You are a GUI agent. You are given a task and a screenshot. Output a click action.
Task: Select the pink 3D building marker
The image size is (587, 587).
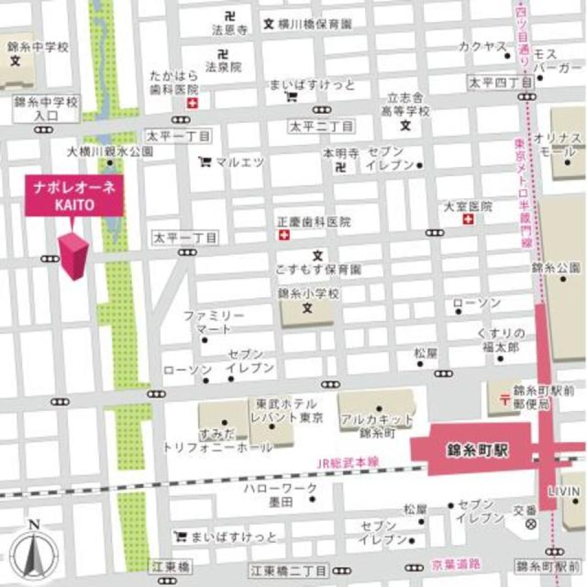(74, 256)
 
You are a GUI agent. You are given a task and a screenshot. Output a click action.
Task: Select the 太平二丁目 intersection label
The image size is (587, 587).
(322, 127)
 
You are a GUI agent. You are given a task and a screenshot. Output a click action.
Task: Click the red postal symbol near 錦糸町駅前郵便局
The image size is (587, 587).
(504, 399)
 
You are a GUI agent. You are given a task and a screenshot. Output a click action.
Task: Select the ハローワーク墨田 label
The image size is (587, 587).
(280, 495)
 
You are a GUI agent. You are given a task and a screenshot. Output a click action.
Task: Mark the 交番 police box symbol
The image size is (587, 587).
(531, 524)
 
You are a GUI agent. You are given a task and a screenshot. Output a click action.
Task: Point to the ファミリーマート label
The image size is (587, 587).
(214, 322)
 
